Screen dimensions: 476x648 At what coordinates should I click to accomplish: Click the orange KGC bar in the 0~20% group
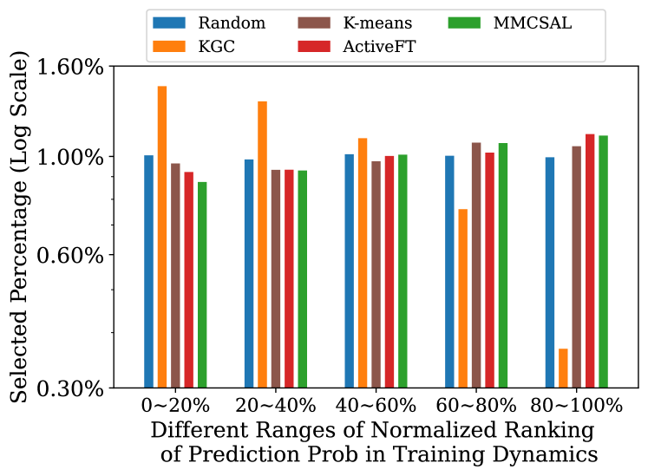[161, 236]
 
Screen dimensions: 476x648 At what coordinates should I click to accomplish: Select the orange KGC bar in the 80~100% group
[563, 368]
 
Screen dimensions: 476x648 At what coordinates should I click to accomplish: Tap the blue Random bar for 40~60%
[349, 271]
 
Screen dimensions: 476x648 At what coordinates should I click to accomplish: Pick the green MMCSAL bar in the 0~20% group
[202, 284]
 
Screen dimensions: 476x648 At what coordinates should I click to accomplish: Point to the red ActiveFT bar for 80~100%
[590, 260]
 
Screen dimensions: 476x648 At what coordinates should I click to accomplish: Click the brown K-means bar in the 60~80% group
[476, 264]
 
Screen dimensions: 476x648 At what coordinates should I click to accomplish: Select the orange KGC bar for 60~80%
[462, 297]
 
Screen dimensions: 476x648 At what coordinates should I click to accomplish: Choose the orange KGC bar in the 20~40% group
[262, 244]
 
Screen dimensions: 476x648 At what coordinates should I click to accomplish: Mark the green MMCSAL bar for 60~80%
[502, 264]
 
